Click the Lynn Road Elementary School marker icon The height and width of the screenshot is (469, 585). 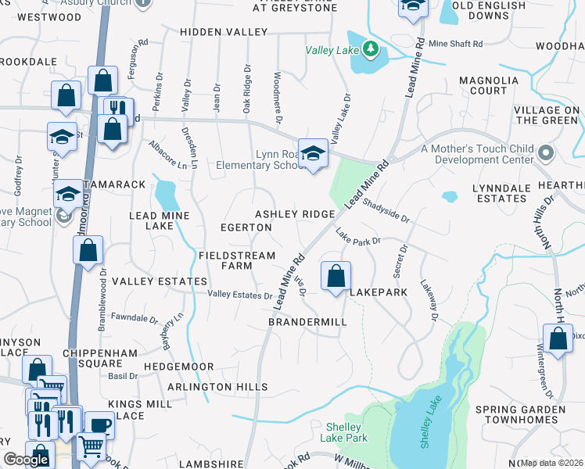[x=313, y=152]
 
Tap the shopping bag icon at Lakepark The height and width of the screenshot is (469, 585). [x=336, y=276]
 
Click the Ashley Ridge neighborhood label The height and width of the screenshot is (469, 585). [x=295, y=214]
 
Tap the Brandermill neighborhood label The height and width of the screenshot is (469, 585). [x=307, y=322]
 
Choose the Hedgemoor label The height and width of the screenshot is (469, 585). [x=178, y=366]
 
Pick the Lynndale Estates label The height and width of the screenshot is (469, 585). [x=500, y=193]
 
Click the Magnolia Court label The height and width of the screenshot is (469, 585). [x=489, y=85]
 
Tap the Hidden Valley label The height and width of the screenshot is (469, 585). [x=223, y=32]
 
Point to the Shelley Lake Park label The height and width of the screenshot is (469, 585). [x=344, y=432]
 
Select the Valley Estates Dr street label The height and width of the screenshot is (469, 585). [x=239, y=295]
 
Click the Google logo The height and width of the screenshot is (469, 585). [x=25, y=460]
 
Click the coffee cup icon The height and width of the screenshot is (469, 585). [x=99, y=424]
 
